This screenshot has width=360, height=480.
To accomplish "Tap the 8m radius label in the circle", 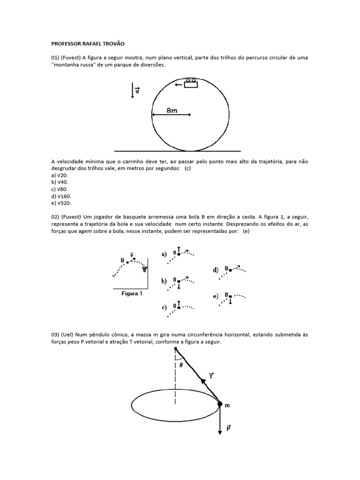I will (x=172, y=111).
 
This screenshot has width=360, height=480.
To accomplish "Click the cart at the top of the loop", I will (x=190, y=84).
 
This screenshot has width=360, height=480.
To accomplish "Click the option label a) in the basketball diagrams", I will (x=164, y=254).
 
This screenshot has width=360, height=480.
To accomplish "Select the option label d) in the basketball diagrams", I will (x=216, y=270).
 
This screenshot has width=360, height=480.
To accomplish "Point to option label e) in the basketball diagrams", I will (x=216, y=296).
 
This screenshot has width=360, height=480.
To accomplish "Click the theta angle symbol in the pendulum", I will (x=181, y=364).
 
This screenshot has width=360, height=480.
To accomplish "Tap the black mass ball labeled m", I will (x=220, y=404).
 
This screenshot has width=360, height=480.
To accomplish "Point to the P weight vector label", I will (x=228, y=428).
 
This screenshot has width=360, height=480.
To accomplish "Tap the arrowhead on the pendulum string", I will (x=204, y=382).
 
